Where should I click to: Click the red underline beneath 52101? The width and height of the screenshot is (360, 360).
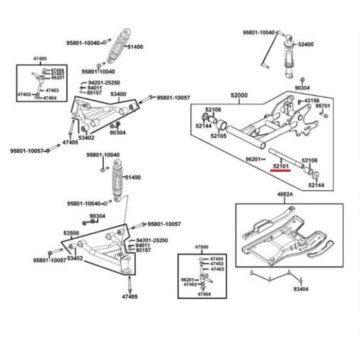click(280, 171)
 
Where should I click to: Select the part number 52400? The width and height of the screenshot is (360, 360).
click(306, 44)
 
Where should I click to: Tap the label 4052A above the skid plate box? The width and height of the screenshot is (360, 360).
click(285, 194)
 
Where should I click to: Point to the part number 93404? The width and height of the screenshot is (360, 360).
click(301, 289)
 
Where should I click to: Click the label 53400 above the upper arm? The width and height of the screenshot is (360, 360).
click(118, 94)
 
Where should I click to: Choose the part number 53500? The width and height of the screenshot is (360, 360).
click(71, 233)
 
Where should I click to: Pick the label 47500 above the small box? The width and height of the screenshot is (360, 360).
click(202, 247)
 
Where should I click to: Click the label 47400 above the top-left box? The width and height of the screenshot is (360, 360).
click(40, 59)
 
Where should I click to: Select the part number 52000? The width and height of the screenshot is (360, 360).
click(239, 95)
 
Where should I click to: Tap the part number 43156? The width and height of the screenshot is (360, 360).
click(312, 101)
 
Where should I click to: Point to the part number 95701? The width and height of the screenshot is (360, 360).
click(322, 106)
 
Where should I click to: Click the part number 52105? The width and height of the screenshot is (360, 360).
click(219, 136)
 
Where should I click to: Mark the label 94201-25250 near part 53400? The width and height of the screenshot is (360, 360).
click(104, 83)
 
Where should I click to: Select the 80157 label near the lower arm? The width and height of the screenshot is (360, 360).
click(143, 250)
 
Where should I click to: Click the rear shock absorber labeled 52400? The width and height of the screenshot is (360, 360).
click(289, 57)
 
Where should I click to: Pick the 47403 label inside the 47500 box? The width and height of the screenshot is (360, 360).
click(217, 269)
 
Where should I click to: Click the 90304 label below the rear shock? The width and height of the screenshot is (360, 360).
click(302, 88)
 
